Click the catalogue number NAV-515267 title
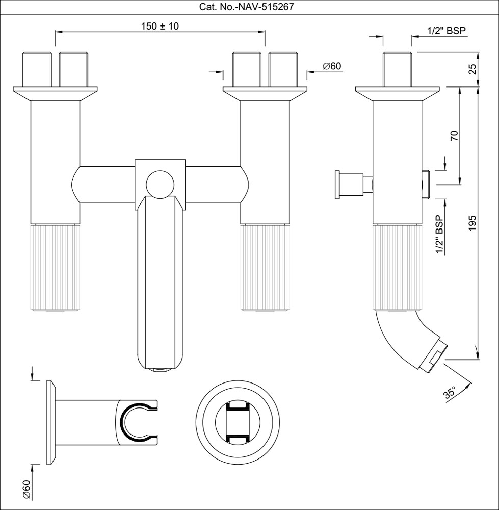click(x=246, y=7)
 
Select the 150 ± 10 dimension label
click(x=160, y=27)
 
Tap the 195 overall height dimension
click(x=472, y=223)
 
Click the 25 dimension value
click(x=472, y=69)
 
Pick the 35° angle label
click(x=450, y=393)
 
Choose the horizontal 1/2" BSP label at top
click(x=447, y=30)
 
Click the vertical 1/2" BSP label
click(x=440, y=235)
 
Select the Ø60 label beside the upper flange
click(x=332, y=66)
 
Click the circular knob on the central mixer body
click(x=160, y=184)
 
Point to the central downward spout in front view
click(x=160, y=283)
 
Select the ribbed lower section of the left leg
click(x=55, y=267)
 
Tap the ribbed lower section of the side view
click(x=397, y=267)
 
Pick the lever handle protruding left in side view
click(x=354, y=185)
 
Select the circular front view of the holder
click(x=238, y=422)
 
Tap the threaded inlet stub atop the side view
click(x=397, y=69)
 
